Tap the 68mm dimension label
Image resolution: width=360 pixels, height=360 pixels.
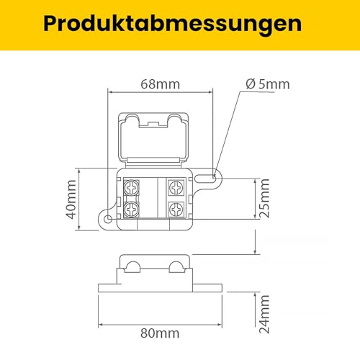pos(159,84)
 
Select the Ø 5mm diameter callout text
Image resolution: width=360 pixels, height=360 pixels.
pos(267,84)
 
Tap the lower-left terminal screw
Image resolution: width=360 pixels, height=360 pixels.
pos(132,210)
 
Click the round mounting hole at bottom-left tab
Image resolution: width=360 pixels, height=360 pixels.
pos(108,218)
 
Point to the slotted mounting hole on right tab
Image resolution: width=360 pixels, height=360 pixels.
pos(215,174)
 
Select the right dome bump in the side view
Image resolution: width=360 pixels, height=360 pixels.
pos(176,268)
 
